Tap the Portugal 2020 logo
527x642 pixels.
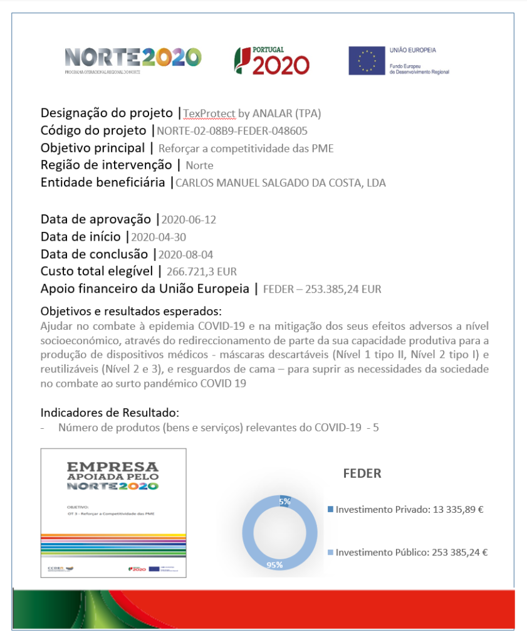[x=271, y=61]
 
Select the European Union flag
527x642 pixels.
[x=367, y=61]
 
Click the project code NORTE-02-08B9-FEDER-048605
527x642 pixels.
[x=232, y=131]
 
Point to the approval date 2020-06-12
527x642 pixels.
[x=189, y=220]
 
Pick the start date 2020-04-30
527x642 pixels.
[x=158, y=238]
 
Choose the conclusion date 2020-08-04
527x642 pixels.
[x=187, y=255]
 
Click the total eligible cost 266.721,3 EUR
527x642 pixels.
[x=201, y=272]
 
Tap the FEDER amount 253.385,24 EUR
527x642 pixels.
[x=322, y=290]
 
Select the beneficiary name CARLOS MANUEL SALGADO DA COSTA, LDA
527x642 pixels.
[x=280, y=184]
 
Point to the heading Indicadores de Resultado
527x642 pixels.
[x=110, y=413]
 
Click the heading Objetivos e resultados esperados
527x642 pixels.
[x=131, y=312]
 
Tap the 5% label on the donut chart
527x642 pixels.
[x=284, y=502]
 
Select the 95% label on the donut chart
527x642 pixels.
[x=274, y=565]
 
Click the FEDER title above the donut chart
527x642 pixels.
[x=362, y=473]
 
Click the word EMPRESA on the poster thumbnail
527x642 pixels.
[x=113, y=467]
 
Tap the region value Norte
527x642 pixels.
[x=199, y=166]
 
